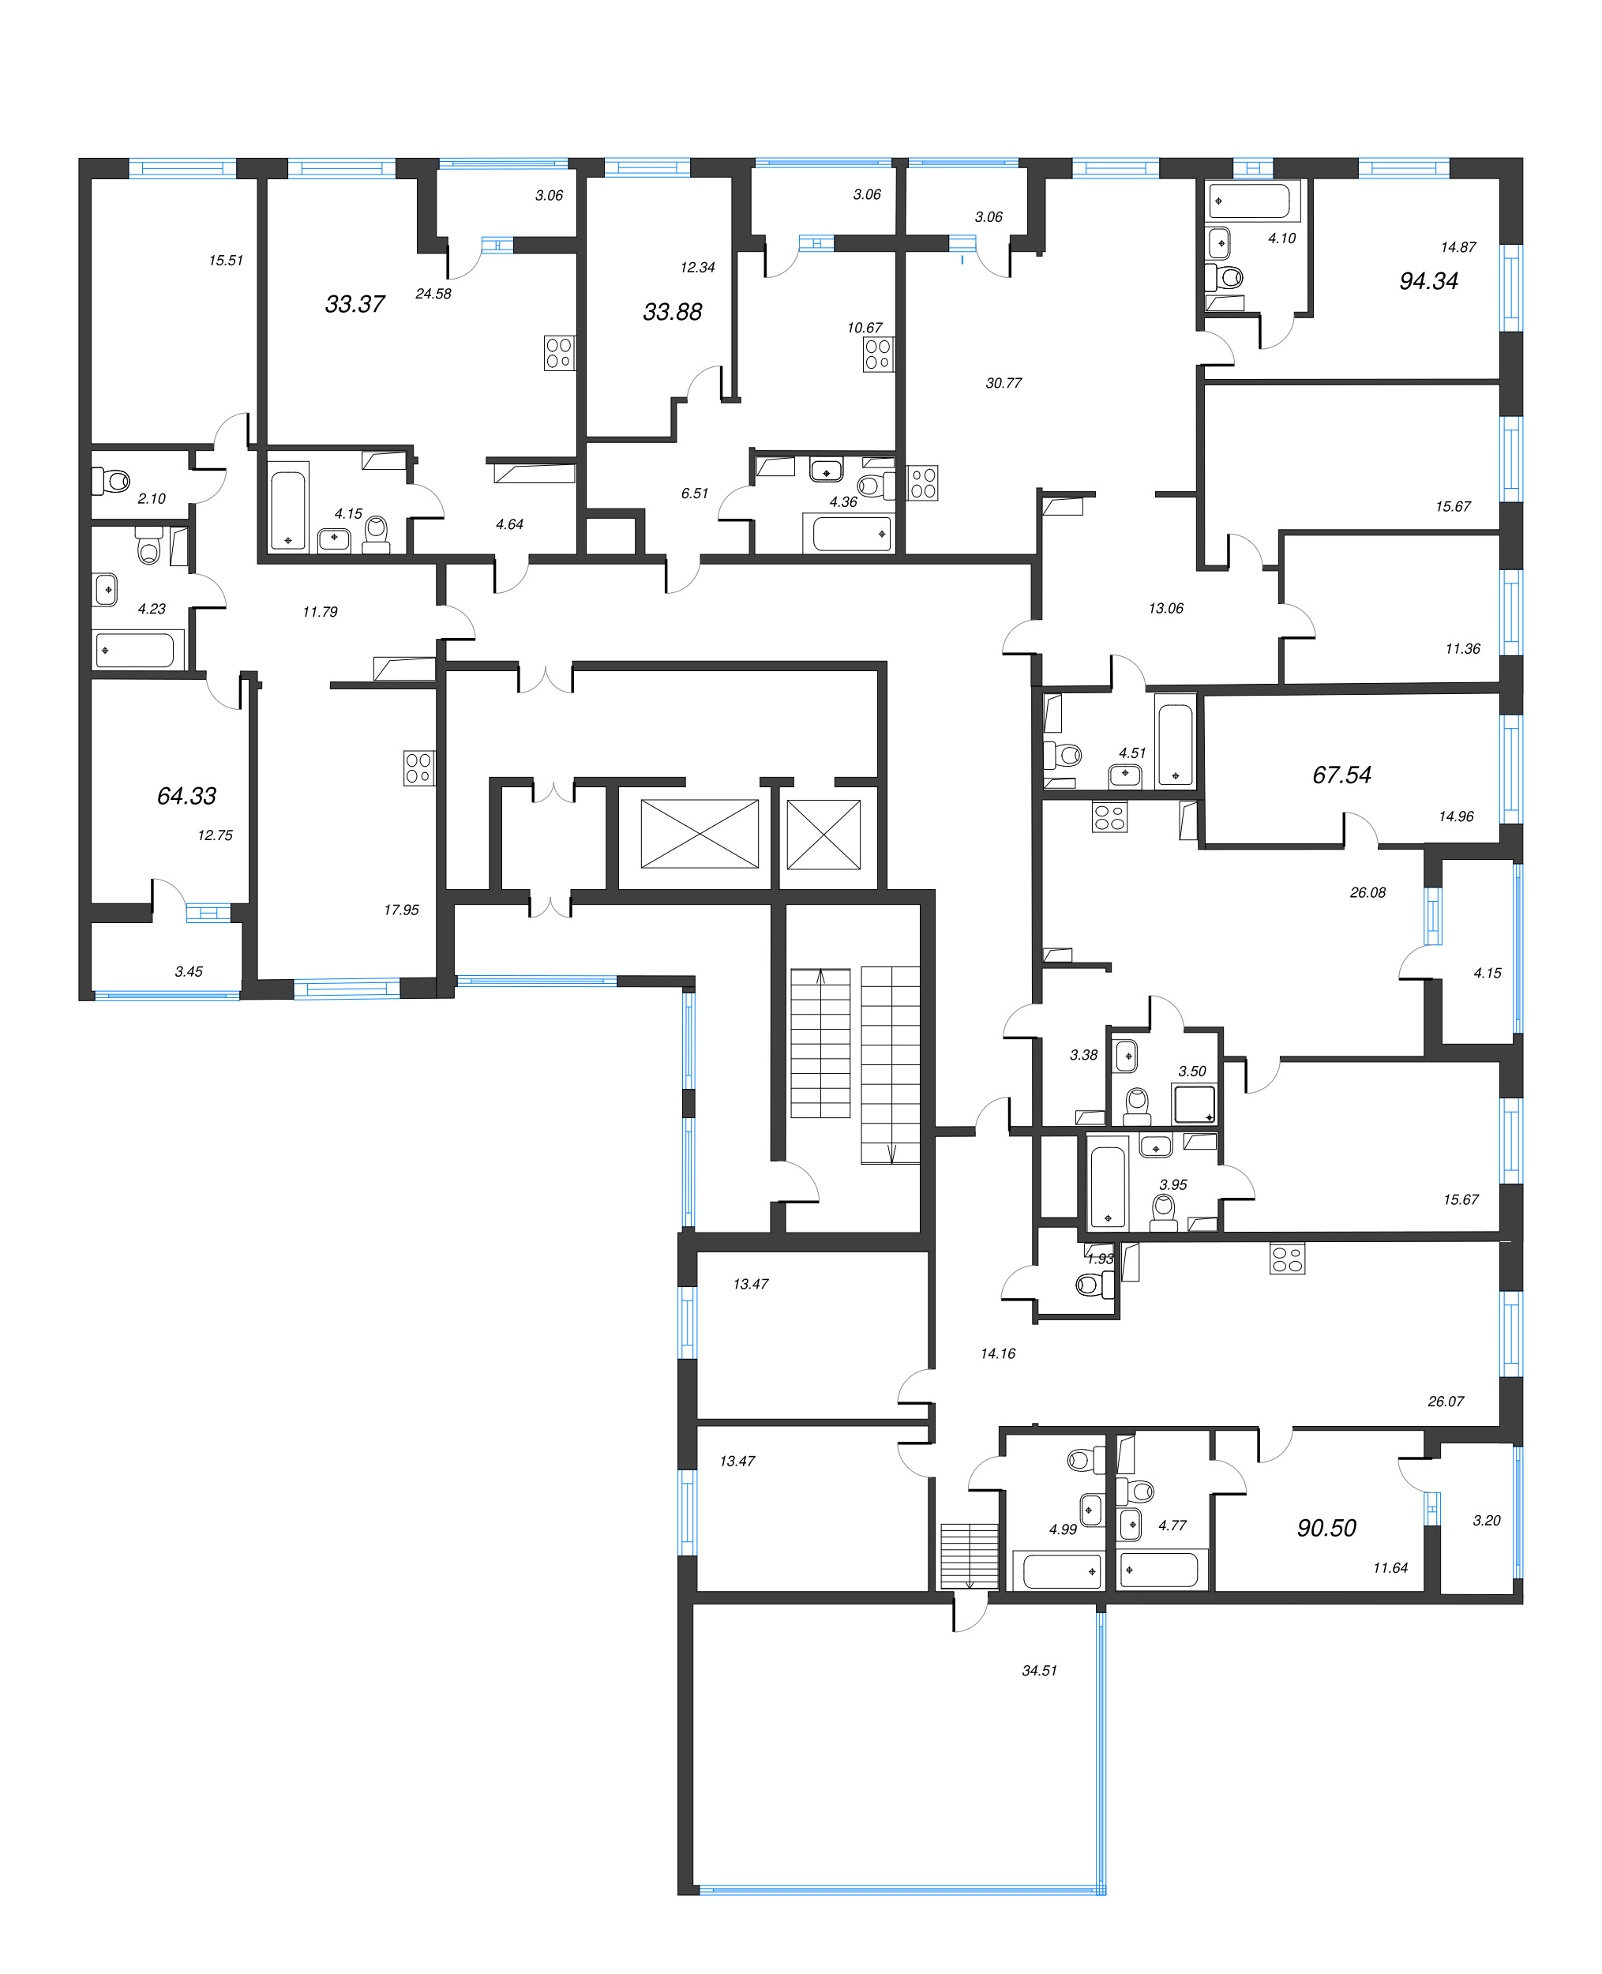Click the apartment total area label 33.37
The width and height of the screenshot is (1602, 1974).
click(355, 304)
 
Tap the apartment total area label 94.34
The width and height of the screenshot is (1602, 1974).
click(1428, 280)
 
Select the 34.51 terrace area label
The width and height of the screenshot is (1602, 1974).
click(1038, 1670)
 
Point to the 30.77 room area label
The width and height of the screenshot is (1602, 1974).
click(1003, 383)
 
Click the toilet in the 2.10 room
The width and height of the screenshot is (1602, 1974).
click(114, 480)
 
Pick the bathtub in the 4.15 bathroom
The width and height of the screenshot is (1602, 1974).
click(288, 505)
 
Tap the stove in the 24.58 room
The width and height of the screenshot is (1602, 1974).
click(559, 352)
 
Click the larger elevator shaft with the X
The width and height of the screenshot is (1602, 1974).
click(700, 833)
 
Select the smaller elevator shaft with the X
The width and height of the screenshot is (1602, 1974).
click(824, 833)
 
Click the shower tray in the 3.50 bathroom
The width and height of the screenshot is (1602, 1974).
click(1194, 1104)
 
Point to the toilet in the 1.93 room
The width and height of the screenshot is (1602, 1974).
click(1094, 1284)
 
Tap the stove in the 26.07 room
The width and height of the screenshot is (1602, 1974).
click(1286, 1259)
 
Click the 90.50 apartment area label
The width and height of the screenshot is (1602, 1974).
click(1326, 1527)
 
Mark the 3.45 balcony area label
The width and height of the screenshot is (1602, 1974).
click(188, 971)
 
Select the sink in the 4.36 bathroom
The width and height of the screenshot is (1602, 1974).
click(826, 470)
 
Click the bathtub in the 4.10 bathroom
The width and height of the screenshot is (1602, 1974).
click(1253, 201)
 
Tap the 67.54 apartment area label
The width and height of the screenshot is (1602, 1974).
click(1341, 775)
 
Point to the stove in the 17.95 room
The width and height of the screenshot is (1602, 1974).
click(418, 767)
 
